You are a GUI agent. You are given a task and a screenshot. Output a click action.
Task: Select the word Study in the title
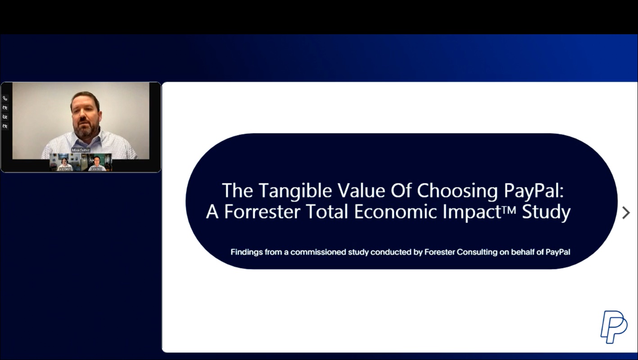546,212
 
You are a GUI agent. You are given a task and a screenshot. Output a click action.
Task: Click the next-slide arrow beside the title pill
625,213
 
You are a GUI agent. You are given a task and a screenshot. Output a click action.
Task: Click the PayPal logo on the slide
613,327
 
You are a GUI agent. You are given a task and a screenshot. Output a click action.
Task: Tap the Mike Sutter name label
81,150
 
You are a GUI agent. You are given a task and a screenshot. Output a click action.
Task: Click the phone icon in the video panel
5,98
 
